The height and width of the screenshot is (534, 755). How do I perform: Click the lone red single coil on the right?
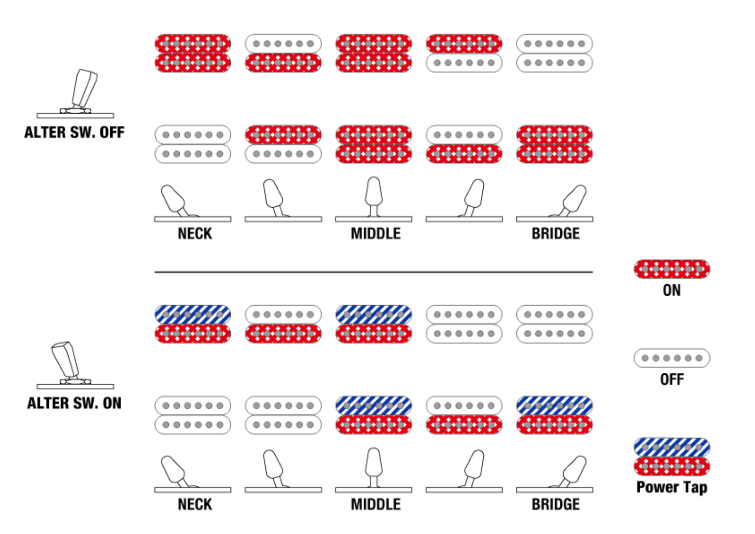pos(671,269)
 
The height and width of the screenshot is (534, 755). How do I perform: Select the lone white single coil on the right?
pos(671,358)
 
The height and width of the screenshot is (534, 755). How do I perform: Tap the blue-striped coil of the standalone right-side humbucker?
pos(671,447)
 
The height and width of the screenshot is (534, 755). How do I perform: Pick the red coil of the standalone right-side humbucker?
pos(671,467)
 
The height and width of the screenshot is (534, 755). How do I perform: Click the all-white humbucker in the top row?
pos(554,53)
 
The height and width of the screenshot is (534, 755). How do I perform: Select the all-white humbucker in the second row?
pos(193,144)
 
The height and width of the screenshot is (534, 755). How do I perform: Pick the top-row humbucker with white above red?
pos(283,53)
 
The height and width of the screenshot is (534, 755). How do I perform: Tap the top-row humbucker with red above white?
pos(464,53)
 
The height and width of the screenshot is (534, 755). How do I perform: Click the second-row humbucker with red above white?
pos(283,144)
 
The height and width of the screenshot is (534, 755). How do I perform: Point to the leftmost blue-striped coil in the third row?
pos(193,314)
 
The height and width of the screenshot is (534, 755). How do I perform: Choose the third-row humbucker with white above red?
pos(283,324)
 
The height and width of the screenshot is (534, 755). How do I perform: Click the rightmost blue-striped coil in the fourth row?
pos(554,405)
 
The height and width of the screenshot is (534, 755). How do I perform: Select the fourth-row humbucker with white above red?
pos(464,415)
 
